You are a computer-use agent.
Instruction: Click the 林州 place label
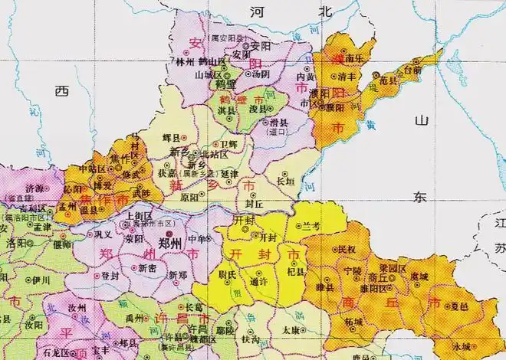[x=185, y=61]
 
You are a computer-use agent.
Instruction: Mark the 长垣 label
[x=285, y=182]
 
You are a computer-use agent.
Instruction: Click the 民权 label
[x=347, y=250]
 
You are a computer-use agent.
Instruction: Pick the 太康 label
[x=291, y=329]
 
